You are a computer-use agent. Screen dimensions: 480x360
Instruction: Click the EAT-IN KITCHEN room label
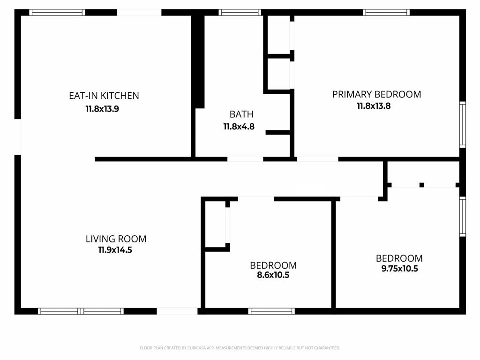(104, 96)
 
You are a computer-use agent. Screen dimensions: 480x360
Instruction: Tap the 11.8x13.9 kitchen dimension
(102, 109)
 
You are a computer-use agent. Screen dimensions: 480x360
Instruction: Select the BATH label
(241, 114)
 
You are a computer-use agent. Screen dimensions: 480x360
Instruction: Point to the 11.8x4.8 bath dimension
(239, 127)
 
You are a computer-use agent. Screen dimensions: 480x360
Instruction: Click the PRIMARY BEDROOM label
(376, 94)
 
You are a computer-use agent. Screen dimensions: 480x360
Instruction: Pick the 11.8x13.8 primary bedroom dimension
(374, 106)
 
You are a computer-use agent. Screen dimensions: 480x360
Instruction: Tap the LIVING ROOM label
(116, 239)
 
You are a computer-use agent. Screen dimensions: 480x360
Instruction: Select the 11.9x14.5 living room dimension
(115, 250)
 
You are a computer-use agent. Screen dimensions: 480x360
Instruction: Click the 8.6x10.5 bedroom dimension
(273, 275)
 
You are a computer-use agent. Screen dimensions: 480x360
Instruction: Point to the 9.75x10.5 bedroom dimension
(399, 269)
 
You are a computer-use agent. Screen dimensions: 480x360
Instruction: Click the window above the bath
(240, 12)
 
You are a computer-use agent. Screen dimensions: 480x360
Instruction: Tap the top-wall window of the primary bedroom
(386, 12)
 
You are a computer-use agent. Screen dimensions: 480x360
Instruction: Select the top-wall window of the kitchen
(57, 12)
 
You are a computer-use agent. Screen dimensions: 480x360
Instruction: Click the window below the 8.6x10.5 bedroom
(271, 311)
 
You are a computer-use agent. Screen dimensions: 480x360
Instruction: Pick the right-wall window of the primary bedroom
(463, 125)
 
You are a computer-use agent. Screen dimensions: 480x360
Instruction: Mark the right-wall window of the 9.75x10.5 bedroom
(463, 217)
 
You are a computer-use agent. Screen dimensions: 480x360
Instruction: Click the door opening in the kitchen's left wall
(18, 136)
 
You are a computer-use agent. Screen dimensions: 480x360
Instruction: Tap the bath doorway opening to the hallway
(245, 159)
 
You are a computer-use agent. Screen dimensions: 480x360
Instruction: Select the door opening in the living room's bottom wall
(177, 311)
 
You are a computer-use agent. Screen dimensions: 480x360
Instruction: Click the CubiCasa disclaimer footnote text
(240, 348)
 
